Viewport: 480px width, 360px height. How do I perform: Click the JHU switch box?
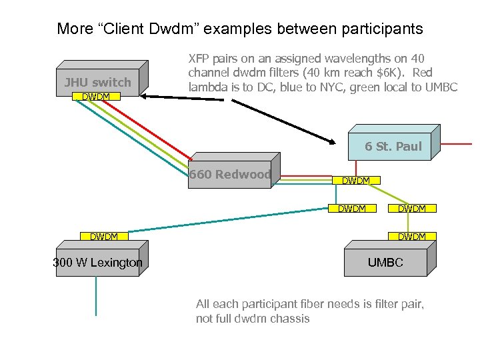[97, 82]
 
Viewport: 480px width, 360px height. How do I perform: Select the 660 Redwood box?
[229, 175]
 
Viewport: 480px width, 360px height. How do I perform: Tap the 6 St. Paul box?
[393, 146]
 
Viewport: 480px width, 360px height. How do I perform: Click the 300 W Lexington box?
[97, 262]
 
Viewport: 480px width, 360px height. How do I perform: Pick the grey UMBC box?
[385, 262]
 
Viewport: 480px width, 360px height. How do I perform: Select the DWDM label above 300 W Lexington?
[103, 237]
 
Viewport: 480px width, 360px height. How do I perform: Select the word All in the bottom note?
[203, 304]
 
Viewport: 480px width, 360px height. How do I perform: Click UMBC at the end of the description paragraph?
[441, 87]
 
